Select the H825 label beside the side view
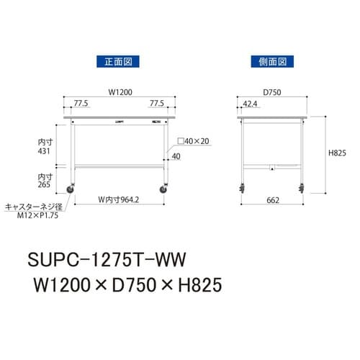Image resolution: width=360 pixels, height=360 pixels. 338,153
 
